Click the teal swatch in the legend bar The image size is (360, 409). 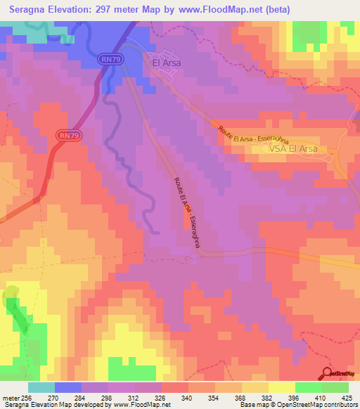41,387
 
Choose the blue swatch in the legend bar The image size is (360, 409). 68,387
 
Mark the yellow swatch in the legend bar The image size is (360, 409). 281,387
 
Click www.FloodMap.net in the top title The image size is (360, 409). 218,8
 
